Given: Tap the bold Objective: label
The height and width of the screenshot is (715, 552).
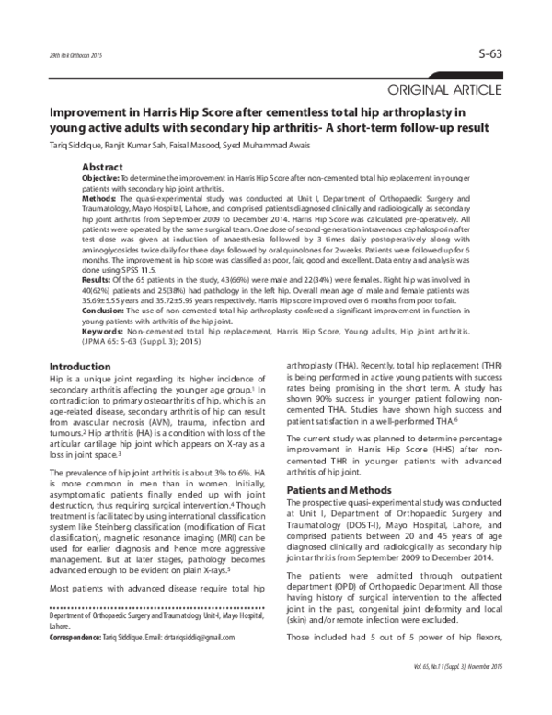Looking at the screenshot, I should click(x=100, y=177).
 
